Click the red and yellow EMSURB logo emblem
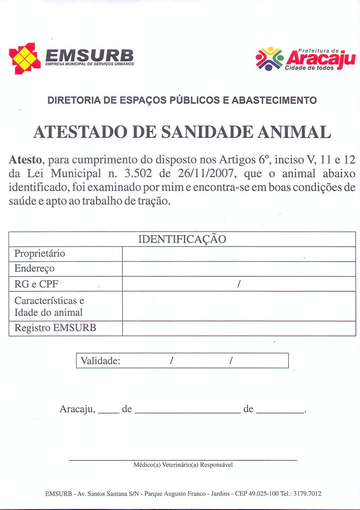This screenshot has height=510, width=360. coord(25,58)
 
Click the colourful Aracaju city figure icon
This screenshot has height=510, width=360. coord(270,58)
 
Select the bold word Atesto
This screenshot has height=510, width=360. coord(25,160)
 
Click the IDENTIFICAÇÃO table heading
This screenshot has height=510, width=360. coord(182,239)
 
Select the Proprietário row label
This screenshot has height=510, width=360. coord(40,254)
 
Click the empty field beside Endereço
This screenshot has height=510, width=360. coord(238,269)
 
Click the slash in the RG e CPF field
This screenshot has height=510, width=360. coord(239,284)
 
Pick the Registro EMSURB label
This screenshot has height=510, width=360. coord(55,328)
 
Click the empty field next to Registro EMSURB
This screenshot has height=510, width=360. coord(238,328)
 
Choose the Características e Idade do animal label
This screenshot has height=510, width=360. coord(49,306)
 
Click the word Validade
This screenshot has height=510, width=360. coord(100,361)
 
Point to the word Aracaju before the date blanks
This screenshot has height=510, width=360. coord(77,409)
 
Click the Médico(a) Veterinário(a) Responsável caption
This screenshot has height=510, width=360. coord(183,465)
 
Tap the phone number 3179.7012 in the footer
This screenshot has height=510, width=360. coord(307,493)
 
